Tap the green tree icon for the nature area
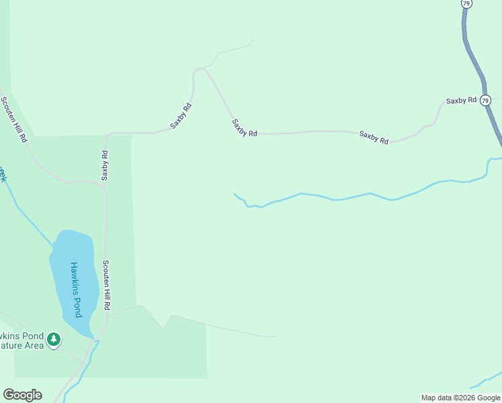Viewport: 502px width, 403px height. tap(54, 341)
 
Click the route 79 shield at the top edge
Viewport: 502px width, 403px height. tap(466, 3)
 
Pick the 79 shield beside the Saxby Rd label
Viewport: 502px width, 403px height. tap(485, 100)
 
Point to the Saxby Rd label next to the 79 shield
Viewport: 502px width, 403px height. tap(461, 100)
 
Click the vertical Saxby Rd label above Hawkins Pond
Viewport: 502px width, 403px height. tap(105, 165)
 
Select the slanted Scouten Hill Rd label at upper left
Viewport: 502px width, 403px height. tap(14, 120)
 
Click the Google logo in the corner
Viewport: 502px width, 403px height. tap(22, 395)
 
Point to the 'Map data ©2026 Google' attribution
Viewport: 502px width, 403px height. tap(460, 398)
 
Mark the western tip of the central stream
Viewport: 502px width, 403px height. tap(234, 194)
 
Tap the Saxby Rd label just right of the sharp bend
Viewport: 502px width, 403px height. tap(244, 128)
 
